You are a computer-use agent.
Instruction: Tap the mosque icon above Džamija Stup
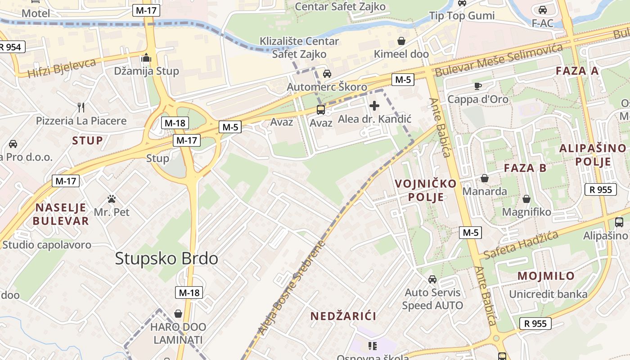tap(146, 58)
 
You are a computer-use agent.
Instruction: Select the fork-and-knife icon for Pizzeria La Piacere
tap(81, 107)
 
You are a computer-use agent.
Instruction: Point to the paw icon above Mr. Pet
tap(112, 198)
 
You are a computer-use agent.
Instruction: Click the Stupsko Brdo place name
tap(166, 258)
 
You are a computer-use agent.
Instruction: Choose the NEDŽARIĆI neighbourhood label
tap(343, 316)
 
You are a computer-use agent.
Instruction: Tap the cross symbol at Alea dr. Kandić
tap(374, 106)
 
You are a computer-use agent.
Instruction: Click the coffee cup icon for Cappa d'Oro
tap(477, 86)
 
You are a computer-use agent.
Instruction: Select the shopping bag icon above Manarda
tap(484, 178)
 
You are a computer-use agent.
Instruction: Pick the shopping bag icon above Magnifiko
tap(526, 198)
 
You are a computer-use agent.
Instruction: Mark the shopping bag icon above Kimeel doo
tap(401, 41)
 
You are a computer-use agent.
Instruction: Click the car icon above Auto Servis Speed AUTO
tap(432, 279)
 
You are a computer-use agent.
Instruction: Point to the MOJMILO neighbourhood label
tap(546, 276)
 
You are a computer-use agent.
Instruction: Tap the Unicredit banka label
tap(548, 294)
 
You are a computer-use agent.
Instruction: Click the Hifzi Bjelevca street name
tap(62, 67)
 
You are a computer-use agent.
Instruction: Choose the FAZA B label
tap(525, 168)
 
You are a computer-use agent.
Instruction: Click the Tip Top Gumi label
tap(462, 16)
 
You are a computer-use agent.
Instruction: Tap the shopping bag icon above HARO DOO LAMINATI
tap(178, 313)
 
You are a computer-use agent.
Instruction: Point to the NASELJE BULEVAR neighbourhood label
tap(61, 214)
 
